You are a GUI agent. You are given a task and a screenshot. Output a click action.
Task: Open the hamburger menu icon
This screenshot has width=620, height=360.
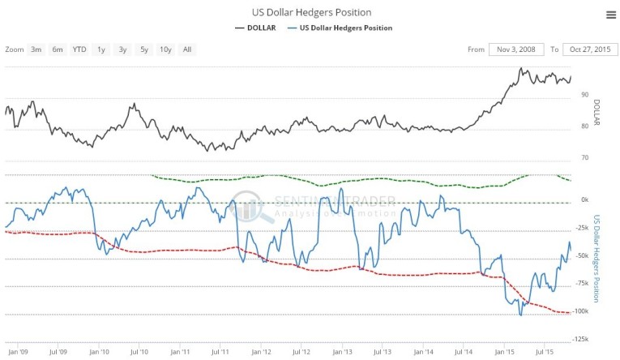(x=610, y=15)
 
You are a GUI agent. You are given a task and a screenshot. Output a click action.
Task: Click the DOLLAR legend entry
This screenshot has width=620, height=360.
(x=256, y=28)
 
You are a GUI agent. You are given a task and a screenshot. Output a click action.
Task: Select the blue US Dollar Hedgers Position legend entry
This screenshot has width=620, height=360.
(x=341, y=28)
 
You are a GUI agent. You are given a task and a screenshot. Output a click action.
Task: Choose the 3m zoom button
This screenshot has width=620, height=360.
(x=36, y=49)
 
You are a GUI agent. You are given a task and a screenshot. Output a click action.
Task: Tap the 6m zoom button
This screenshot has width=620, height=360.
(x=58, y=49)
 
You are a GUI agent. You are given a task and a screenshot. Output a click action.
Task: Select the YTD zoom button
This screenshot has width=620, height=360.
(x=79, y=49)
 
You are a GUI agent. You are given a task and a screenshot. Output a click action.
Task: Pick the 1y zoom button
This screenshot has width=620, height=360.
(x=101, y=49)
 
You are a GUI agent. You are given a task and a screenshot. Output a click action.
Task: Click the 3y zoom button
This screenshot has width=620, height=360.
(x=122, y=49)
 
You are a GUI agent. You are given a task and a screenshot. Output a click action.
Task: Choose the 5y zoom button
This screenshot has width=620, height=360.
(x=144, y=49)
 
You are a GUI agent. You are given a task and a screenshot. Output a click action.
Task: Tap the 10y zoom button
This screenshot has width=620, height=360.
(x=165, y=49)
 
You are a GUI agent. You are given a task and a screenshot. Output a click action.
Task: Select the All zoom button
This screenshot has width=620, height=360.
(x=187, y=49)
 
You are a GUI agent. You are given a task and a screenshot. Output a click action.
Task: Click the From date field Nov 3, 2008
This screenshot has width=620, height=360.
(x=516, y=49)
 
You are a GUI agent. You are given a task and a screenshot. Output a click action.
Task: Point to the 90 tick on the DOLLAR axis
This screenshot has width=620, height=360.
(x=584, y=95)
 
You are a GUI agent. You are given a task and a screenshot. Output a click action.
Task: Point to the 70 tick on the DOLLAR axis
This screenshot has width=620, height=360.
(x=584, y=157)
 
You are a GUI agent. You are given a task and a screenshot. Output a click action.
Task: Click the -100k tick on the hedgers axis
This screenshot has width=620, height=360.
(x=579, y=311)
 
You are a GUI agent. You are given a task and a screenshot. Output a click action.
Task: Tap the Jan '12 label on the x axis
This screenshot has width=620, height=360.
(x=260, y=353)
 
